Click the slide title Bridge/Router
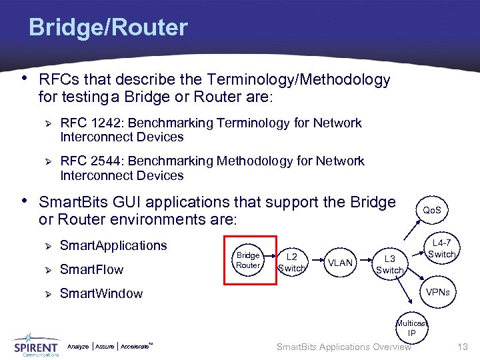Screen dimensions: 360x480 point(108,28)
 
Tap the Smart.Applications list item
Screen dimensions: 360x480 point(113,245)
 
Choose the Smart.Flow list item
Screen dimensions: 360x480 point(91,270)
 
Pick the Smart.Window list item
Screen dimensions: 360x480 point(101,293)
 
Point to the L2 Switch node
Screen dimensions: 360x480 point(291,262)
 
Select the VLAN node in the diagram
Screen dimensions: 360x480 point(341,263)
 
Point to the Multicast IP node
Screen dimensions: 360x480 point(412,327)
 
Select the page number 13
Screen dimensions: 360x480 point(463,347)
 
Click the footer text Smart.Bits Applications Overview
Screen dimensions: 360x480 point(343,347)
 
